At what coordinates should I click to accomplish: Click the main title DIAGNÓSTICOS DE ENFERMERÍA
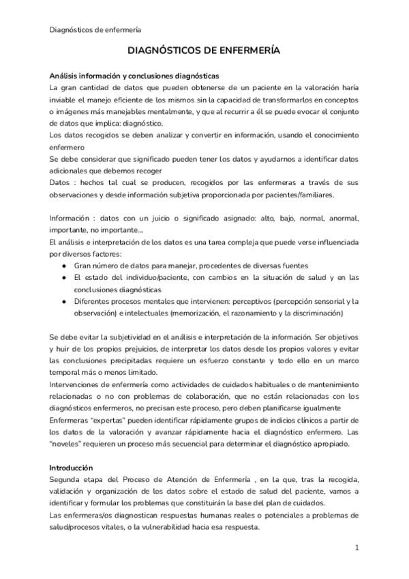pos(204,51)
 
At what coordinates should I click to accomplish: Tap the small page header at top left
pos(95,29)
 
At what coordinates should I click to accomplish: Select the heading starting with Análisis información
pos(134,76)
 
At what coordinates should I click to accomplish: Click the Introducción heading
pos(71,468)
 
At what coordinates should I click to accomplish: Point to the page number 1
pos(357,548)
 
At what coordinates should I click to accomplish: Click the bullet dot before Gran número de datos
pos(64,266)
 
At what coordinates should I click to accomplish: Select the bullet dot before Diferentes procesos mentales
pos(64,301)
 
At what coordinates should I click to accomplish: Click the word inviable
pos(63,100)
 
